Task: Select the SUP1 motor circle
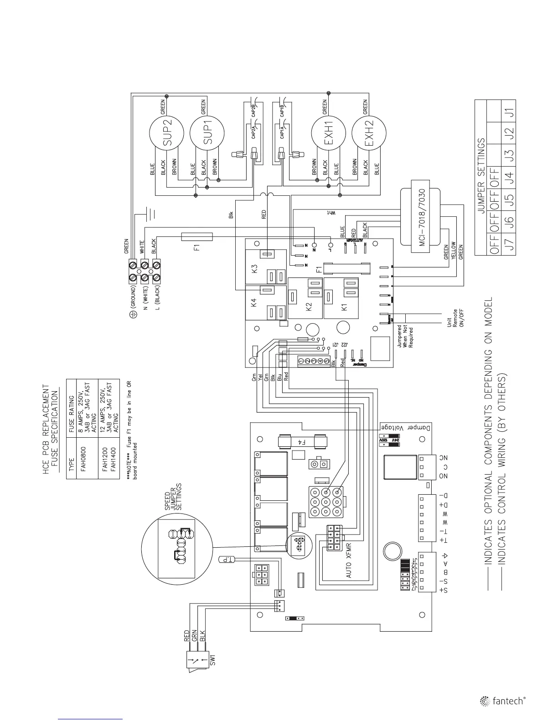tap(207, 132)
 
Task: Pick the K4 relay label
tap(255, 302)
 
